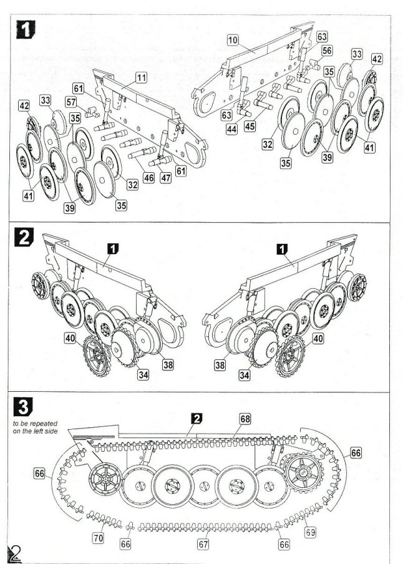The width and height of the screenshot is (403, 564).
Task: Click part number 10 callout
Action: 233,40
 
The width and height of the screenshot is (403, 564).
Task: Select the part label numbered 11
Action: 142,77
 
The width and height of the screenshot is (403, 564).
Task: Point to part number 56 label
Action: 327,51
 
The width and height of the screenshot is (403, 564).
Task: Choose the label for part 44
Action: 232,129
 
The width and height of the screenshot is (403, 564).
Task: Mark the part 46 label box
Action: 148,178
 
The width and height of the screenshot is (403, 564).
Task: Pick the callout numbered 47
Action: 165,178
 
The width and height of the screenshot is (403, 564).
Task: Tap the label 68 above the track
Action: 245,418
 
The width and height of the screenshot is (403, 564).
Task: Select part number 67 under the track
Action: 203,545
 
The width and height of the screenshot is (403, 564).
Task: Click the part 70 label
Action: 97,536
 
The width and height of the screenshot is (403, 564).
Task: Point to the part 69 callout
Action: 309,532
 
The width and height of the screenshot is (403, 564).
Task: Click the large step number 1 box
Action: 25,31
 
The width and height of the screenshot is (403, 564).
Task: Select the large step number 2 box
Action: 24,238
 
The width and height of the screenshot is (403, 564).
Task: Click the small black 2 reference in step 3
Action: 195,418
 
